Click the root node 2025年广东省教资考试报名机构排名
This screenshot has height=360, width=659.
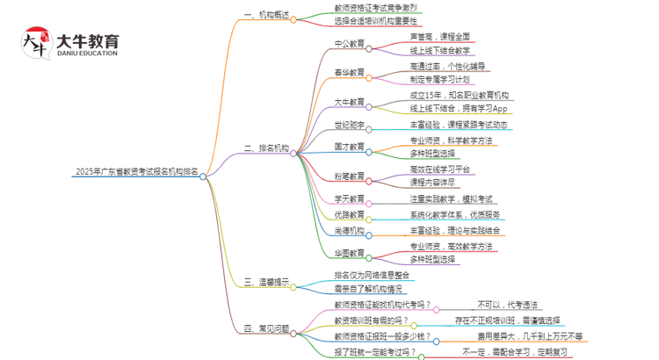[136, 172]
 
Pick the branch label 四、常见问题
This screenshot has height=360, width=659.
[267, 329]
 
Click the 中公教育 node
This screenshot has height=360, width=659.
[350, 42]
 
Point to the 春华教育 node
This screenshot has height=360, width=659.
[350, 73]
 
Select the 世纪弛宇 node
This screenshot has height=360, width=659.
[350, 124]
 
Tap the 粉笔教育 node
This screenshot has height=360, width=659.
[350, 176]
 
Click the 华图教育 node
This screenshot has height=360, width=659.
[350, 253]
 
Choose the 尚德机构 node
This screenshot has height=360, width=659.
[350, 231]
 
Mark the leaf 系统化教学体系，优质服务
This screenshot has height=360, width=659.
[455, 214]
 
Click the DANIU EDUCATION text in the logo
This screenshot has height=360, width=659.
[86, 54]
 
